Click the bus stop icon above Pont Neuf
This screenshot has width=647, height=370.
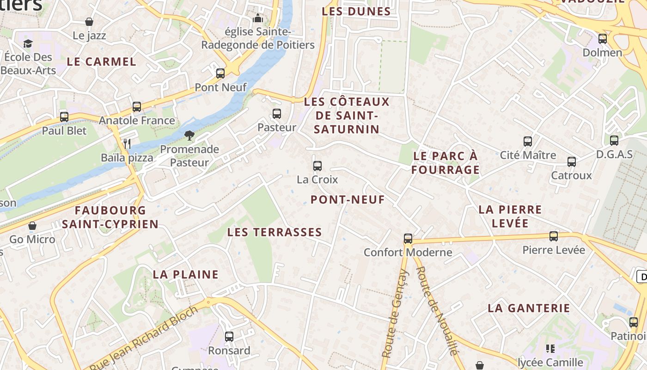[220, 74]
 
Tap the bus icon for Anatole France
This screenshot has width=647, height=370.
[137, 107]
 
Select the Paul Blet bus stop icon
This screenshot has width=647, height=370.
[64, 117]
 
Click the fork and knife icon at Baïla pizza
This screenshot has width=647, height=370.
[127, 144]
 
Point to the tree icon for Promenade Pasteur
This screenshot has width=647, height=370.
[189, 136]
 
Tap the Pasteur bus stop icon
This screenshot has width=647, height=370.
[277, 114]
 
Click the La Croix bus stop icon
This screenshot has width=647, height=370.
[317, 166]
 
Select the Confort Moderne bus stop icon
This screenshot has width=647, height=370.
[408, 239]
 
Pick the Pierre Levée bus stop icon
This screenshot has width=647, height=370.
[554, 236]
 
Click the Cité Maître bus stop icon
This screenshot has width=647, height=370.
[528, 142]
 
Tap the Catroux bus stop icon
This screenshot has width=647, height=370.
[572, 162]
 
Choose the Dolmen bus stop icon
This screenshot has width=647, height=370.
[603, 39]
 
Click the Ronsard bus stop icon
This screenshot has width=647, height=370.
[229, 337]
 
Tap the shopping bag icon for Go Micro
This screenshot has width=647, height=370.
[32, 226]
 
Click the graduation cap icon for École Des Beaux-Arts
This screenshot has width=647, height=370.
[28, 44]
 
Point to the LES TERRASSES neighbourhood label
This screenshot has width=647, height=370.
[275, 232]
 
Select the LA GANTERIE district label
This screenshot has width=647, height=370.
[529, 308]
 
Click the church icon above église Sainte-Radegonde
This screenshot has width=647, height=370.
[258, 18]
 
